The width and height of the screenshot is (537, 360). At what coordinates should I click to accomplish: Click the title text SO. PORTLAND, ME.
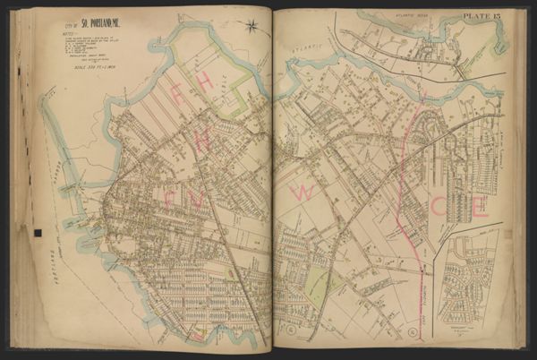tap(85, 21)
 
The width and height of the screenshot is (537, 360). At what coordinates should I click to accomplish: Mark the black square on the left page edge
tap(38, 234)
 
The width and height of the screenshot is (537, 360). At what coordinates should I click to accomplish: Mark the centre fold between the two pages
tap(271, 179)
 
